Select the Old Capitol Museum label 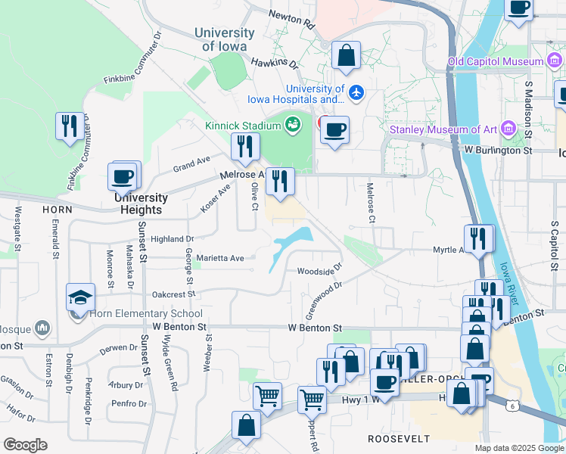coord(496,61)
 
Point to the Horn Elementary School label coord(146,313)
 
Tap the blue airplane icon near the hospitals coord(357,92)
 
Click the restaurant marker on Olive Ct coord(244,147)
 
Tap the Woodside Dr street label coord(319,270)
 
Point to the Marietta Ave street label coord(220,258)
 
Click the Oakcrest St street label coord(173,294)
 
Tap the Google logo coord(25,445)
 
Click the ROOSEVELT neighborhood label coord(399,439)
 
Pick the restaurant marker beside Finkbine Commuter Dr coord(70,127)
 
